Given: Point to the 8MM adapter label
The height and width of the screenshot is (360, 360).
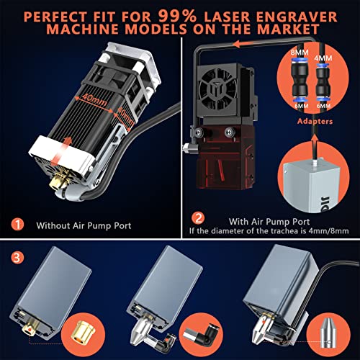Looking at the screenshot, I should (297, 53).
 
